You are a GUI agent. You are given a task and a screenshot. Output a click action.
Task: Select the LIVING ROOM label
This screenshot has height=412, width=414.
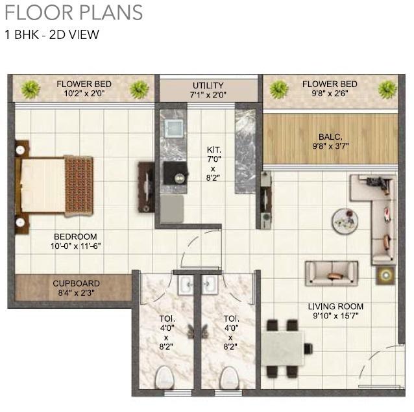click(335, 306)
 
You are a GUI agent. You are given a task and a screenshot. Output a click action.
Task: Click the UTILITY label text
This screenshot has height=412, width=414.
click(208, 85)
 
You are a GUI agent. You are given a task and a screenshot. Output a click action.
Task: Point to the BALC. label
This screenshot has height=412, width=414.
click(330, 136)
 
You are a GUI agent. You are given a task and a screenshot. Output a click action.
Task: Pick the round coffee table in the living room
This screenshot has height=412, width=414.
click(344, 220)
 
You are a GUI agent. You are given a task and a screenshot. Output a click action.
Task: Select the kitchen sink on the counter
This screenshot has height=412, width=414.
click(173, 125)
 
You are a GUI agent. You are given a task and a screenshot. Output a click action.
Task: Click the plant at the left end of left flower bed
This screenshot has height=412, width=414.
click(30, 89)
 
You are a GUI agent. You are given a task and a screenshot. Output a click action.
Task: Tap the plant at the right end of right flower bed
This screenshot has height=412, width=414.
click(387, 88)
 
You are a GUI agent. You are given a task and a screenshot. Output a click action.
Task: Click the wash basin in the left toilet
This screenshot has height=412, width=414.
click(186, 284)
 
